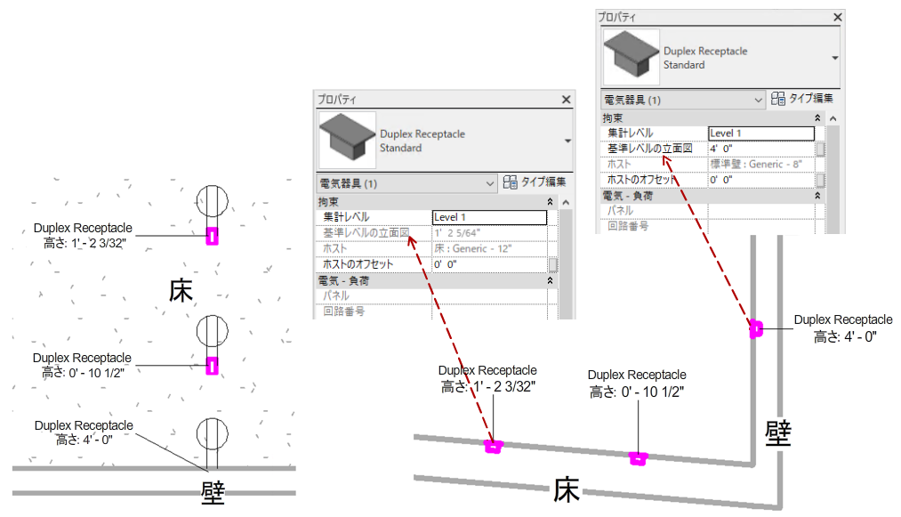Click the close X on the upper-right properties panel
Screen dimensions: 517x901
pyautogui.click(x=837, y=17)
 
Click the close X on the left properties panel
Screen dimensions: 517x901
pyautogui.click(x=566, y=100)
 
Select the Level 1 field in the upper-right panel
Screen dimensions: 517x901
pyautogui.click(x=760, y=133)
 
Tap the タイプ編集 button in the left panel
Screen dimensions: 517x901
pyautogui.click(x=534, y=182)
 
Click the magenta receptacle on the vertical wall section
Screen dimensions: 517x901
pyautogui.click(x=756, y=328)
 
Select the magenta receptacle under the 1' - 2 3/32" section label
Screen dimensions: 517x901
pyautogui.click(x=492, y=446)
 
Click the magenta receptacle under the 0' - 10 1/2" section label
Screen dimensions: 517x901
pyautogui.click(x=637, y=458)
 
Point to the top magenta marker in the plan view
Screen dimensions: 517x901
pyautogui.click(x=212, y=235)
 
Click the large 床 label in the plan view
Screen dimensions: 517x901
pyautogui.click(x=181, y=291)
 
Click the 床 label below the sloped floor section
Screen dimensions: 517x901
pyautogui.click(x=567, y=489)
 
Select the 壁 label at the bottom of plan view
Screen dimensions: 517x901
pyautogui.click(x=213, y=492)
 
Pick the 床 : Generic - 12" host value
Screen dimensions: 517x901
pyautogui.click(x=472, y=249)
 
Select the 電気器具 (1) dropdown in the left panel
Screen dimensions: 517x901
pyautogui.click(x=406, y=183)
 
